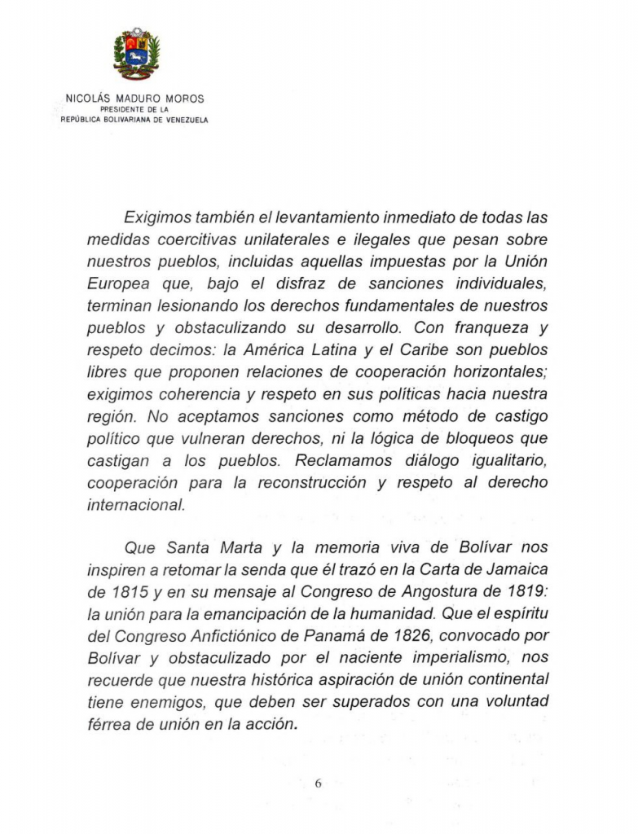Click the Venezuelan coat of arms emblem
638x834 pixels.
point(136,55)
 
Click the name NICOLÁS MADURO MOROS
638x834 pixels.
point(134,99)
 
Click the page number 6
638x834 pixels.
point(319,784)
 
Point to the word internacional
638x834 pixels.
point(135,505)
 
